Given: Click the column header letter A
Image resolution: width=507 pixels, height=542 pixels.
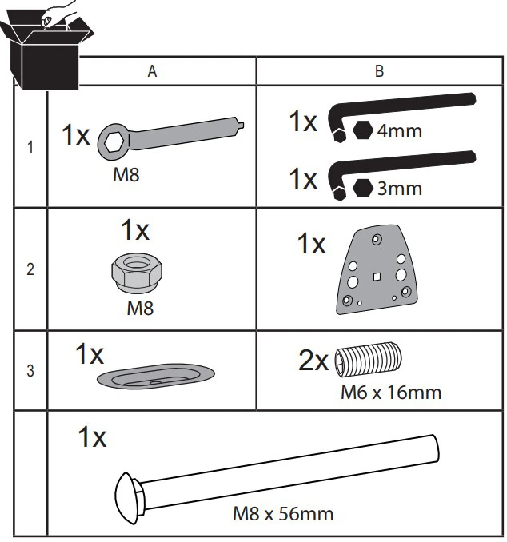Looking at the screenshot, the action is pos(152,71).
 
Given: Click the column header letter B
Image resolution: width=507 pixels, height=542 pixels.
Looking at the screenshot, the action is pos(379,71).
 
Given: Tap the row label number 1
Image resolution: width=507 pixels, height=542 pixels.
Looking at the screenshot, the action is pos(30,147).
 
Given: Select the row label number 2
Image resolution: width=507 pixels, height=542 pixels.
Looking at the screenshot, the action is pos(30,269).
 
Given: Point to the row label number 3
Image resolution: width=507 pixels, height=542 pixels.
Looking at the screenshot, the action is pos(30,371).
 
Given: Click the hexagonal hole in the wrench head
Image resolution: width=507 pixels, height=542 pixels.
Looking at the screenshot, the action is pos(114,142).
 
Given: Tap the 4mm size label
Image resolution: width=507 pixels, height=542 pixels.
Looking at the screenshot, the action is pos(400,131).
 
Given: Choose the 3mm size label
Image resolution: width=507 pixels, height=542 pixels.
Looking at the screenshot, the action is pos(400,189).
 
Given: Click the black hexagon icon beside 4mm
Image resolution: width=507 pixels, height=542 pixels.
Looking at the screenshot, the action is pos(363,130).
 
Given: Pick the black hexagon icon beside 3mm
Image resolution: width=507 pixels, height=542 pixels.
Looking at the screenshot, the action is pos(363,188).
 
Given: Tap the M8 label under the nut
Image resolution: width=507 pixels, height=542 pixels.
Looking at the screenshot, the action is pos(140,309).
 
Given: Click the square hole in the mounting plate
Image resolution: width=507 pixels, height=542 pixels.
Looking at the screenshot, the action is pos(377,277).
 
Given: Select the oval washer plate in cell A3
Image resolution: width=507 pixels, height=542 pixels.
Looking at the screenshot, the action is pos(156,376).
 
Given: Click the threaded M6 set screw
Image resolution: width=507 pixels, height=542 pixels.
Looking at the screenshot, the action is pos(368,360).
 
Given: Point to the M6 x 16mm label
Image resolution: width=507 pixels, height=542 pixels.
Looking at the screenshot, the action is pos(391,393).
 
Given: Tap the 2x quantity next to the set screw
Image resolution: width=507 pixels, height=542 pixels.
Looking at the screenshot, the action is pos(313,361).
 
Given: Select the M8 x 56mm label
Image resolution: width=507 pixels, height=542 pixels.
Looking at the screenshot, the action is pos(283,514).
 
